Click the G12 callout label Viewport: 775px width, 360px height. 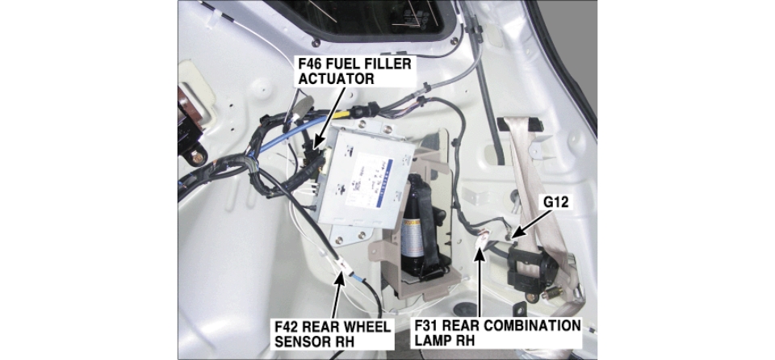tap(556, 202)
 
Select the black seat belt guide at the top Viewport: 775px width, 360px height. tap(520, 124)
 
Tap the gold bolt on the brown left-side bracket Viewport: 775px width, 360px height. tap(199, 158)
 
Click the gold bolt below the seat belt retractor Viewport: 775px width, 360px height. tap(532, 298)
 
